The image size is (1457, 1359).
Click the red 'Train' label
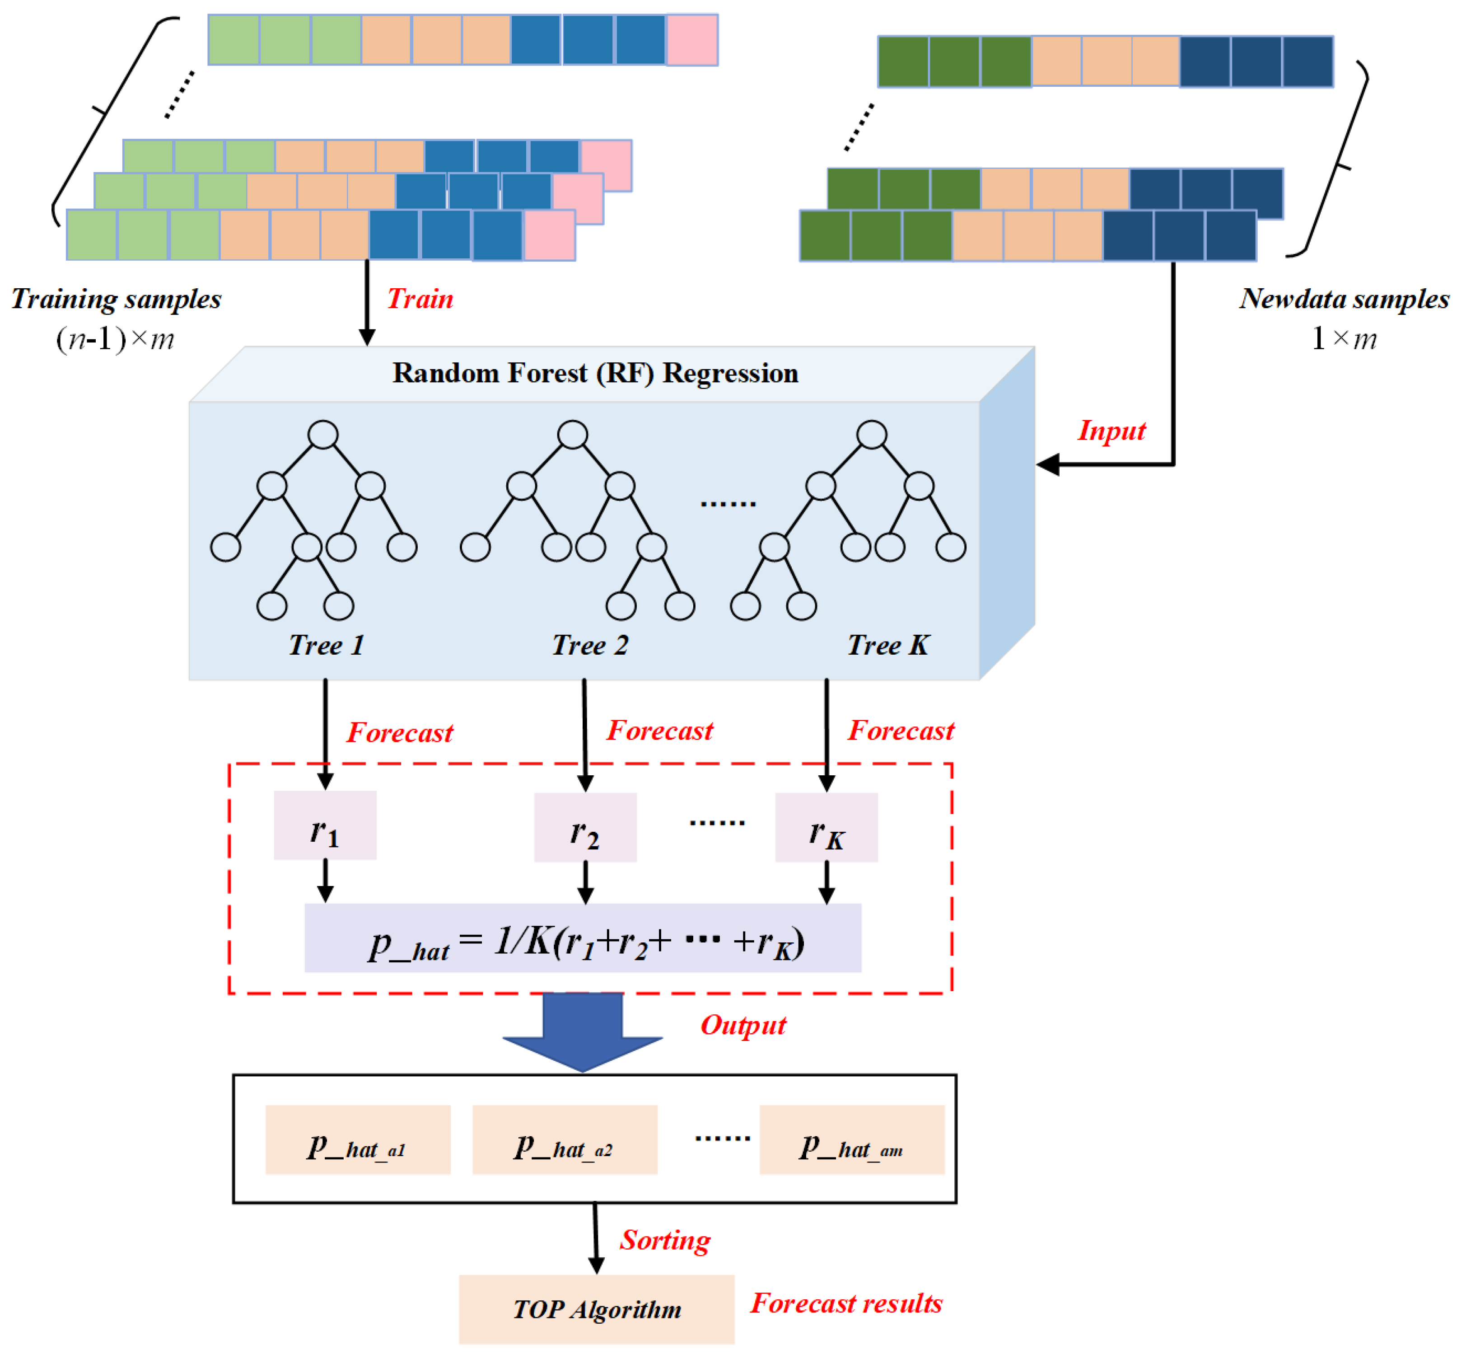(420, 299)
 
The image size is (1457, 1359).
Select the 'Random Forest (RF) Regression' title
(595, 373)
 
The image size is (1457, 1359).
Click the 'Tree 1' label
(326, 645)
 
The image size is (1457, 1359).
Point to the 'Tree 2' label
(590, 645)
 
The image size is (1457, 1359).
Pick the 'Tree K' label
(888, 645)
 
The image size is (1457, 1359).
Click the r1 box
(325, 825)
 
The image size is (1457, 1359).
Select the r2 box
(586, 827)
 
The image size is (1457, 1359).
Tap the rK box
(827, 827)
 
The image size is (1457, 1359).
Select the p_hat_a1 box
(358, 1140)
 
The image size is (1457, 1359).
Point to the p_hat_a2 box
(565, 1140)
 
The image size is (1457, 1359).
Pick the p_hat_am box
(852, 1140)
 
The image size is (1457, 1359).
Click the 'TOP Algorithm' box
(597, 1309)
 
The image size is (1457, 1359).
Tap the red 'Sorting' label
(665, 1240)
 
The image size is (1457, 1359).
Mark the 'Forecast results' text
(846, 1303)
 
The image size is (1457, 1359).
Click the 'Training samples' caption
(116, 299)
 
